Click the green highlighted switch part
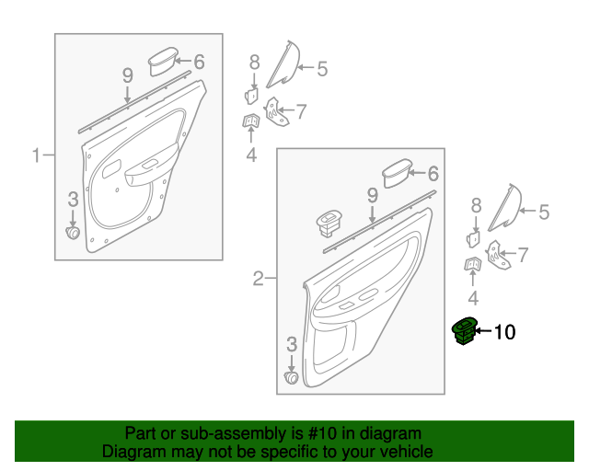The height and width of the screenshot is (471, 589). click(465, 330)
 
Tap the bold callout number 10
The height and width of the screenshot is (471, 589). click(504, 332)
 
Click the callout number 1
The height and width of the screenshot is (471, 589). click(36, 155)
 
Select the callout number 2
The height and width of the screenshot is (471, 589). click(258, 279)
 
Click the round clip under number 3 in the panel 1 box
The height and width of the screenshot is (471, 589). click(73, 233)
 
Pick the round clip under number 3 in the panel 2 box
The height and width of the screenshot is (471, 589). click(292, 378)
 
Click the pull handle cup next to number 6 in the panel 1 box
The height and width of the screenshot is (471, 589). click(163, 61)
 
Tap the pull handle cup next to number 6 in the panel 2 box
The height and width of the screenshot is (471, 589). click(397, 172)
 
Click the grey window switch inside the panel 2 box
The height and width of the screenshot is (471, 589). click(329, 224)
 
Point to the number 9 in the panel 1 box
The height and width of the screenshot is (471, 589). click(128, 75)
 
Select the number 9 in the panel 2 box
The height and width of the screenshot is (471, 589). click(372, 196)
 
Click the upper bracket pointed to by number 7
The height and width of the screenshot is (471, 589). click(276, 112)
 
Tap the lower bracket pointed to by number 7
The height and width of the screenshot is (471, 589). click(498, 255)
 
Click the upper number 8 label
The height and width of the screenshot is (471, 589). click(254, 62)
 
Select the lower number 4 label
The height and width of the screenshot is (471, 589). click(473, 298)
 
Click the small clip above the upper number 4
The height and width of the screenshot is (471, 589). click(251, 121)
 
